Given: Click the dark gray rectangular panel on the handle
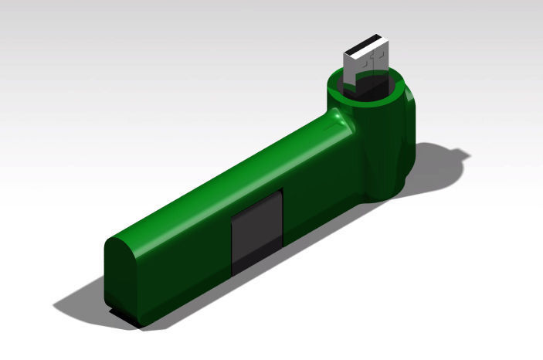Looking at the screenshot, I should tap(257, 228).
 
